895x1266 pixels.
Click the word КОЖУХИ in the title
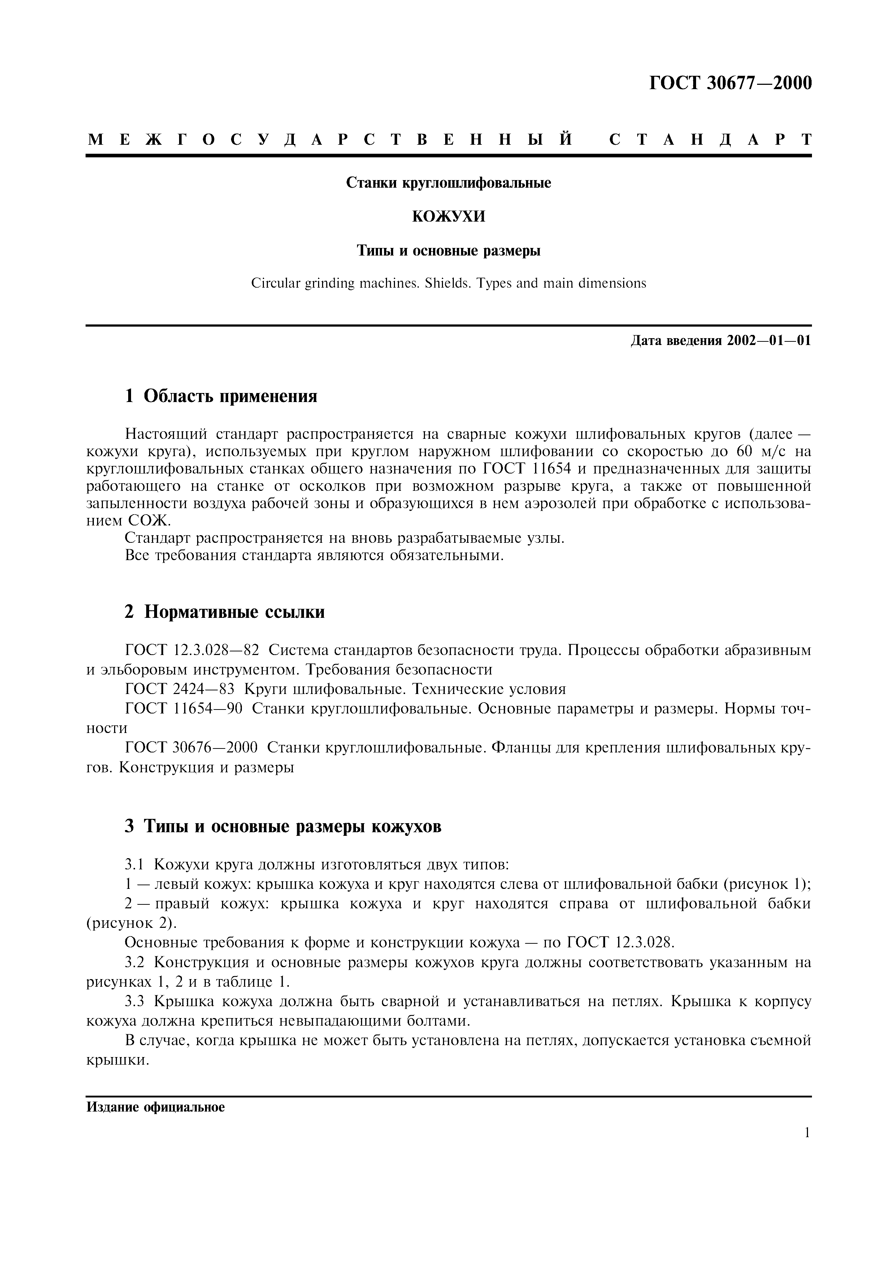[x=448, y=217]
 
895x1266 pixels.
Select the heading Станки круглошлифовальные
[x=448, y=183]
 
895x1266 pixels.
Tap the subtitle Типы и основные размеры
[x=448, y=251]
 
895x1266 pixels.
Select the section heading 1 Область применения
[x=221, y=395]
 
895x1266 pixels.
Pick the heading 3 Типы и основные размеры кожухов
[x=283, y=826]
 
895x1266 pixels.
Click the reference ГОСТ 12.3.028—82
[x=192, y=651]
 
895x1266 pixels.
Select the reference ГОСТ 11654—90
[x=184, y=708]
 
